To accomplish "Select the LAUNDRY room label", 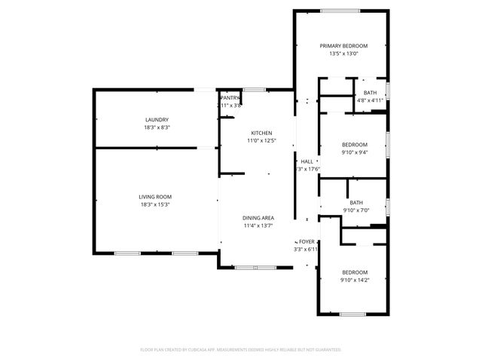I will tap(157, 120).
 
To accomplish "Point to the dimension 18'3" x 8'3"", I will tap(157, 127).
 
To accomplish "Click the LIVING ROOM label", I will tap(154, 197).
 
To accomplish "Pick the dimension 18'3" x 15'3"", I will tap(154, 204).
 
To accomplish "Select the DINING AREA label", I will tap(258, 217).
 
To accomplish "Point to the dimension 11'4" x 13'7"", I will tap(258, 225).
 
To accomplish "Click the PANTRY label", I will tap(230, 98).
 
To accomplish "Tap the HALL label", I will tap(307, 161).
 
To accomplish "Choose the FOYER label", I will tap(307, 241).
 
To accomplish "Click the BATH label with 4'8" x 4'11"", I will tap(370, 92).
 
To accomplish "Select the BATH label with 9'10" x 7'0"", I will tap(355, 202).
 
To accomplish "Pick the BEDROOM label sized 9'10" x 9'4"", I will tap(355, 144).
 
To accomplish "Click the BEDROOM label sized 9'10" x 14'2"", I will tap(355, 272).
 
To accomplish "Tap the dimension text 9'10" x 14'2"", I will tap(355, 280).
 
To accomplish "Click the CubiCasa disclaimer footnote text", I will tap(241, 350).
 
